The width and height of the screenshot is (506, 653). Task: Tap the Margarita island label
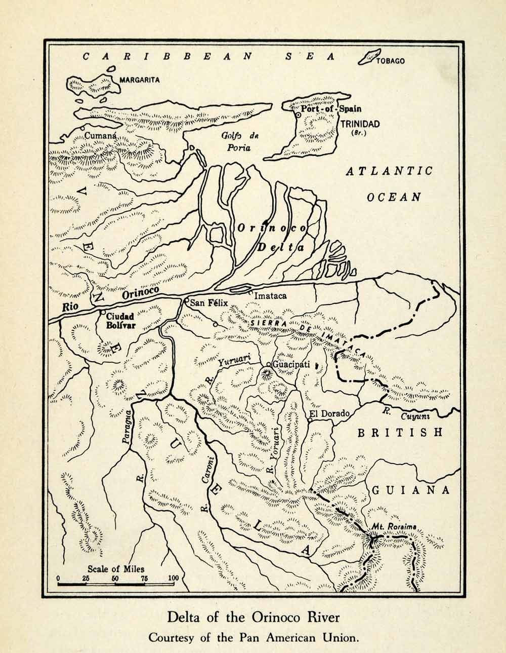pyautogui.click(x=140, y=80)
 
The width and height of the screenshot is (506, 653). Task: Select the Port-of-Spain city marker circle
pyautogui.click(x=299, y=116)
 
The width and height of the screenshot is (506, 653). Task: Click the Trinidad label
pyautogui.click(x=360, y=124)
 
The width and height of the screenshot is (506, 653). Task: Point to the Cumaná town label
pyautogui.click(x=101, y=136)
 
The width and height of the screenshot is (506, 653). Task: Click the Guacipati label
pyautogui.click(x=291, y=364)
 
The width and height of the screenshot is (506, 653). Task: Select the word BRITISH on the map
pyautogui.click(x=400, y=433)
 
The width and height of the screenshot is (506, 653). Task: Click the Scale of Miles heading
pyautogui.click(x=116, y=568)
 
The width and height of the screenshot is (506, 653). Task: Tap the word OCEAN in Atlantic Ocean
pyautogui.click(x=394, y=197)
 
